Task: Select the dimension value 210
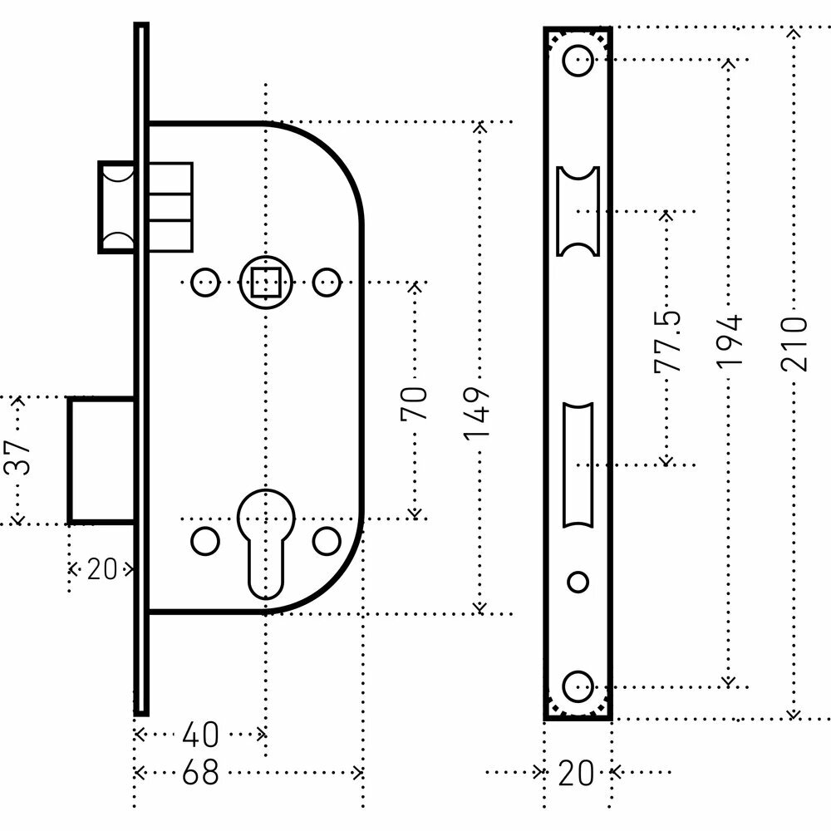pyautogui.click(x=794, y=342)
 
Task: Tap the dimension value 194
pyautogui.click(x=730, y=342)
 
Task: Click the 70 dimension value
pyautogui.click(x=415, y=402)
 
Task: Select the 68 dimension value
pyautogui.click(x=200, y=773)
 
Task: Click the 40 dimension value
pyautogui.click(x=200, y=734)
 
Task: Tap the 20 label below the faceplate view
pyautogui.click(x=576, y=774)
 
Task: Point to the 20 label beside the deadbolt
pyautogui.click(x=101, y=570)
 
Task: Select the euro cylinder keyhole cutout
pyautogui.click(x=265, y=540)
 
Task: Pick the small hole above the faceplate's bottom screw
pyautogui.click(x=578, y=581)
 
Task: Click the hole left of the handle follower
pyautogui.click(x=203, y=283)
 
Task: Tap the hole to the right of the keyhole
pyautogui.click(x=327, y=541)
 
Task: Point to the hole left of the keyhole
pyautogui.click(x=204, y=541)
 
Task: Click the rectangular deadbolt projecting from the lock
pyautogui.click(x=101, y=460)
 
